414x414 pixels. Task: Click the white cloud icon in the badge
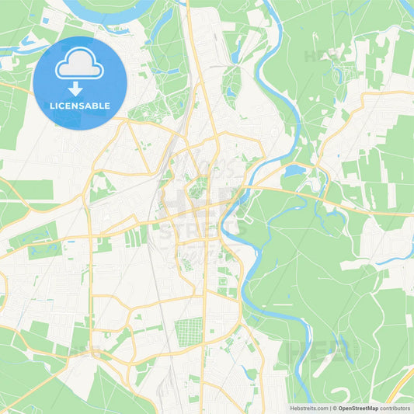[80, 63]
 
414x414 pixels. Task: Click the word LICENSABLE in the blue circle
[80, 106]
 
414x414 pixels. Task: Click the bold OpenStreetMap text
[358, 408]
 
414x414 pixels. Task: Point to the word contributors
[395, 408]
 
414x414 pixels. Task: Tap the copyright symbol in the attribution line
[334, 408]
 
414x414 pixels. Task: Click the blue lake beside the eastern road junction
[296, 170]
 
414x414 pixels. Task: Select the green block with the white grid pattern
[189, 332]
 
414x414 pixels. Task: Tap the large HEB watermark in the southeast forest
[318, 351]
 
